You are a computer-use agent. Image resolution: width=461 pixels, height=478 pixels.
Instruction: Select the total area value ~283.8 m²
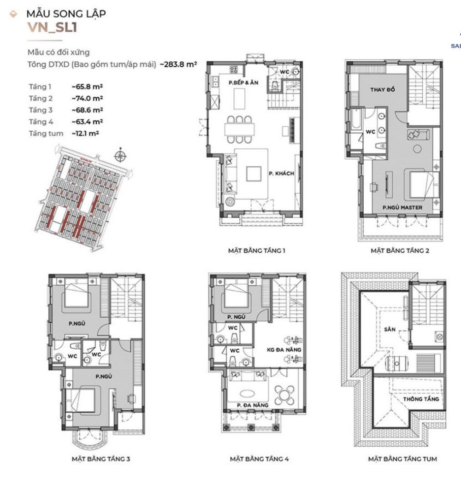pos(178,64)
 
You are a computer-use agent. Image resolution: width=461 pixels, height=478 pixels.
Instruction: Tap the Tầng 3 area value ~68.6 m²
pos(87,110)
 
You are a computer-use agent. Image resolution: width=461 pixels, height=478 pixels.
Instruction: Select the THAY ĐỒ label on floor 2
pos(382,89)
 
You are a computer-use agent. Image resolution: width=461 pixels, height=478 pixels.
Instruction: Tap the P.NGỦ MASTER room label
pos(402,208)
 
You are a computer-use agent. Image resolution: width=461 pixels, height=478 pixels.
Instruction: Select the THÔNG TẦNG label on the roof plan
pos(421,399)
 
